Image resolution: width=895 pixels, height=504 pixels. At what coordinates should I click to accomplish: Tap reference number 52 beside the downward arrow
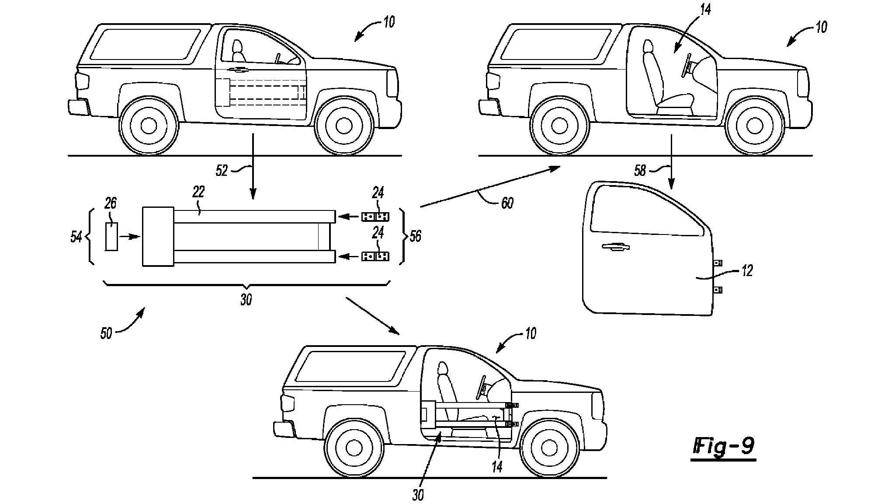tap(222, 170)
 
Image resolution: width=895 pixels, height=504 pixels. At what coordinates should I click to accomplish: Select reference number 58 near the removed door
tap(640, 170)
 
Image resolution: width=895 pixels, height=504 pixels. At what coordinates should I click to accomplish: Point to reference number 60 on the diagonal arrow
tap(507, 203)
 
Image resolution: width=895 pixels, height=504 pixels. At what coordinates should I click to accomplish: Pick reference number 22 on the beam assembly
tap(198, 192)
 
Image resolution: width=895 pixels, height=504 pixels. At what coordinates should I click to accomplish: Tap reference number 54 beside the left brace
tap(76, 237)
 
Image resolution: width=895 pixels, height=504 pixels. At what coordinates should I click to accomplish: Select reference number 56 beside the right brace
tap(415, 237)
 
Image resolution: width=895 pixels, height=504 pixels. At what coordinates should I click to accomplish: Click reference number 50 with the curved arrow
tap(106, 333)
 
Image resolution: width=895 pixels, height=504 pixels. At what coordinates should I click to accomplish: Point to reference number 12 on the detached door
tap(747, 271)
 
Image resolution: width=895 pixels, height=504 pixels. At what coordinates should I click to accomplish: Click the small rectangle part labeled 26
tap(111, 237)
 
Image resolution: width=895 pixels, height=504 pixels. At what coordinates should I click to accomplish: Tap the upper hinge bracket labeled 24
tap(375, 217)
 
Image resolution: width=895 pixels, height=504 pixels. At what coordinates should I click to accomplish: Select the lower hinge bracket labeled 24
tap(375, 256)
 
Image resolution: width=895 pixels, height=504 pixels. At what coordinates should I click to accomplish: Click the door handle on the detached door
tap(615, 248)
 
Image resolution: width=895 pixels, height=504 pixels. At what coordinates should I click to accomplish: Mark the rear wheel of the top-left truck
tap(149, 126)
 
